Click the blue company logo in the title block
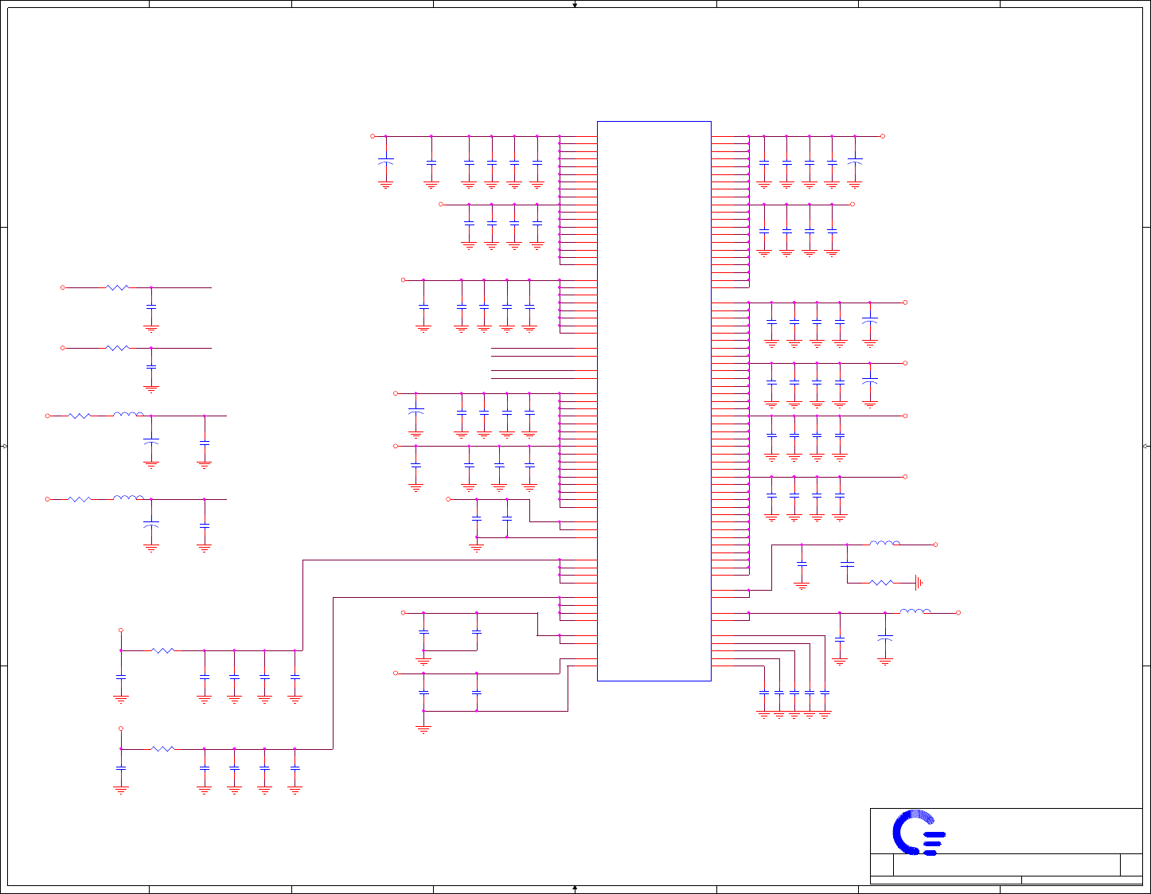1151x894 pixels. pos(919,832)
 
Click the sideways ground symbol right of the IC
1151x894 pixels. pos(919,583)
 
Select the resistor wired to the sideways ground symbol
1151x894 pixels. pos(881,583)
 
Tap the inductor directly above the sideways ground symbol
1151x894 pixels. pos(884,544)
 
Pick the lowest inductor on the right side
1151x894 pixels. pos(915,611)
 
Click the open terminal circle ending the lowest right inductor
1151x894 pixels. pos(958,613)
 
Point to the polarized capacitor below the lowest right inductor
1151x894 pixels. pos(884,638)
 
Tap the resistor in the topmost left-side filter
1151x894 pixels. pos(117,287)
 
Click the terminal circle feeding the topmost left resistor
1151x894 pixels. pos(63,287)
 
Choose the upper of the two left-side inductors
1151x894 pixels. pos(128,414)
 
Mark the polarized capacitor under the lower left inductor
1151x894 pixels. pos(151,525)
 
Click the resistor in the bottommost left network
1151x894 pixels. pos(162,748)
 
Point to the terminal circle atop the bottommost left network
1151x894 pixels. pos(121,728)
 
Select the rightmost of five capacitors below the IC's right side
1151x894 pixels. pos(825,693)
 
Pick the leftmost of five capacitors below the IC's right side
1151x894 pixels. pos(764,693)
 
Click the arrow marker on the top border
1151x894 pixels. pos(575,4)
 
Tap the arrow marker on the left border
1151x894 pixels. pos(4,446)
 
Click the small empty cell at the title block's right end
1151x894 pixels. pos(1131,865)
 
